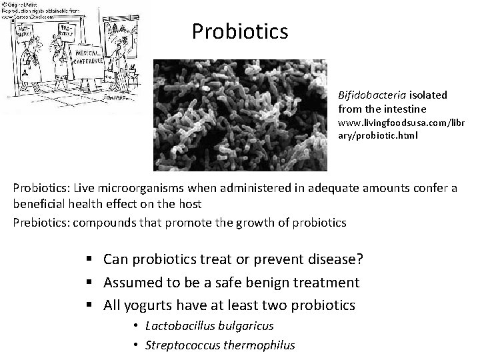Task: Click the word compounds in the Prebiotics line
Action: click(x=107, y=223)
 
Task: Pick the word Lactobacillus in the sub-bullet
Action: click(x=175, y=327)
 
